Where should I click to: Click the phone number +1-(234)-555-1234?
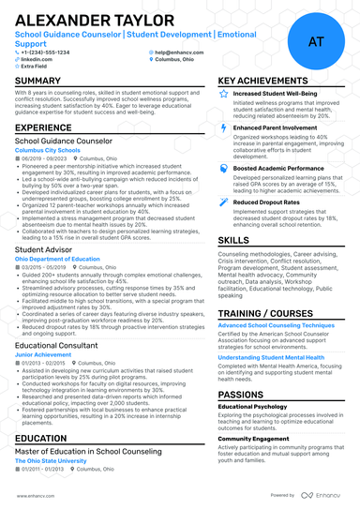(44, 52)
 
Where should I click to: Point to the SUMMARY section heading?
(38, 82)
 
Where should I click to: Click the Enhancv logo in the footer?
(322, 495)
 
